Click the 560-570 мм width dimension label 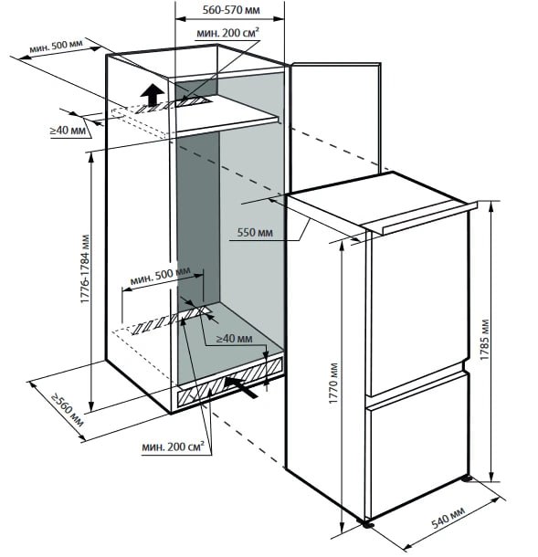coord(231,10)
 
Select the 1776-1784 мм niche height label coord(85,268)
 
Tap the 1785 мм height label coord(484,340)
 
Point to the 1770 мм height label coord(333,384)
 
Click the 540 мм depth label coord(448,517)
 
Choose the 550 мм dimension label coord(255,232)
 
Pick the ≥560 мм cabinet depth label coord(68,410)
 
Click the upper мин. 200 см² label coord(227,33)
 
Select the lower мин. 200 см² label coord(173,447)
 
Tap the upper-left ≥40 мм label coord(68,131)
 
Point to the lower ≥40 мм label coord(235,339)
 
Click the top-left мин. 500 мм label coord(56,46)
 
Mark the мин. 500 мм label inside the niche coord(160,277)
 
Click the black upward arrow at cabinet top coord(153,94)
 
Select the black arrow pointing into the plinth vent coord(240,386)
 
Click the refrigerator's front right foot coord(368,523)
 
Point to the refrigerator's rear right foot coord(467,478)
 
